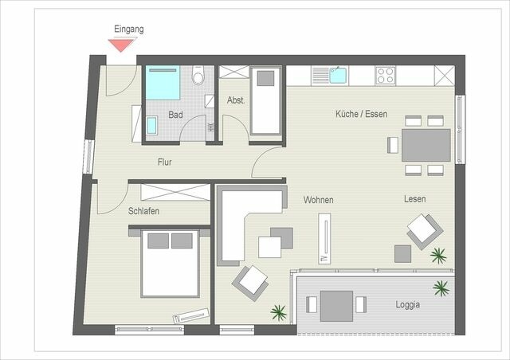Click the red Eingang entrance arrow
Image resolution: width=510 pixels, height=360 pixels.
pyautogui.click(x=121, y=45)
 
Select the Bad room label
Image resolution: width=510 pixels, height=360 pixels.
pyautogui.click(x=175, y=115)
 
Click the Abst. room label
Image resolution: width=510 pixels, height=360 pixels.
pyautogui.click(x=235, y=100)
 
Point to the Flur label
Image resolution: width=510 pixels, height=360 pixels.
pyautogui.click(x=164, y=162)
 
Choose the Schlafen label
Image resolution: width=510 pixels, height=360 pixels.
pyautogui.click(x=143, y=211)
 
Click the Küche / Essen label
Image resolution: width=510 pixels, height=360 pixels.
pyautogui.click(x=361, y=114)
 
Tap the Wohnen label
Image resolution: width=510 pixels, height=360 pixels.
pyautogui.click(x=318, y=200)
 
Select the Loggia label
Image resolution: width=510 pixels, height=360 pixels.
pyautogui.click(x=407, y=304)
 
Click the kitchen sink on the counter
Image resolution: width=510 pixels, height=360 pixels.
pyautogui.click(x=335, y=76)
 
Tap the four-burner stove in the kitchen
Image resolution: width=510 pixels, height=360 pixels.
pyautogui.click(x=386, y=76)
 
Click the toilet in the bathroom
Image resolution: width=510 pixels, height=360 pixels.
pyautogui.click(x=199, y=76)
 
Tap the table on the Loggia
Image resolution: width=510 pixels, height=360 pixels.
pyautogui.click(x=338, y=305)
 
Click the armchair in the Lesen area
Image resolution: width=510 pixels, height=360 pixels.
pyautogui.click(x=424, y=230)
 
